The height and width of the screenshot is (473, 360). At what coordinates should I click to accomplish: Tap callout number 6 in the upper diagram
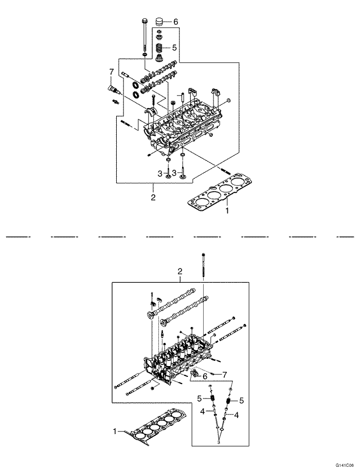coord(175,22)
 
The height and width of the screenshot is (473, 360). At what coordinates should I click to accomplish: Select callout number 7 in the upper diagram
coord(111,71)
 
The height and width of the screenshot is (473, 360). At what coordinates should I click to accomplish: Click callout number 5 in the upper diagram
coord(174,47)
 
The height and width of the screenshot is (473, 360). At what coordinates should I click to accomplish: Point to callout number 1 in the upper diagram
coord(226,210)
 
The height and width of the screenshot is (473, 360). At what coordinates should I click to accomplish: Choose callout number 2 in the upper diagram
coord(153,196)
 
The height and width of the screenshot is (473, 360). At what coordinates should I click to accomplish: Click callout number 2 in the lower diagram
coord(180,271)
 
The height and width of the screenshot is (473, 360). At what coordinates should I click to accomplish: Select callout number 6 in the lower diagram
coord(204,376)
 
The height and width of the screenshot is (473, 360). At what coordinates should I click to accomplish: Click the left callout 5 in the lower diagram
coord(199,398)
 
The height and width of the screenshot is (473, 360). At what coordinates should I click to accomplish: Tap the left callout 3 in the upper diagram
coord(160,173)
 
